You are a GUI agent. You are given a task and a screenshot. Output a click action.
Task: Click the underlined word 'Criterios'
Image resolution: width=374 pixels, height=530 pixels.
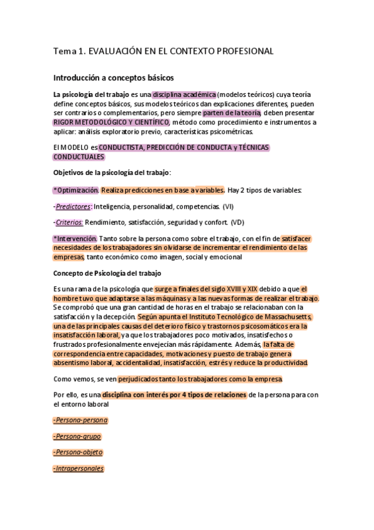pyautogui.click(x=69, y=222)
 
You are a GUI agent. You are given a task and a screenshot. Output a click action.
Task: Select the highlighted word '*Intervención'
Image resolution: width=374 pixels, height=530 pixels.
pyautogui.click(x=75, y=238)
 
